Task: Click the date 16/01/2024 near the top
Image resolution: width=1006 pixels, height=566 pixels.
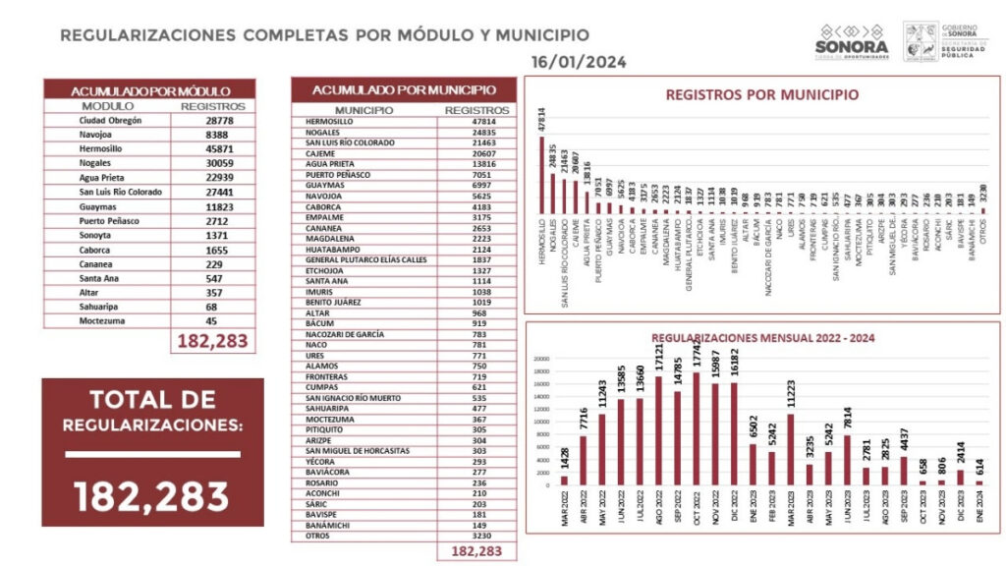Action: click(x=579, y=63)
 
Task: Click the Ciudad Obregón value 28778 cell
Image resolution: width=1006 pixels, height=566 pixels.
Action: click(x=212, y=121)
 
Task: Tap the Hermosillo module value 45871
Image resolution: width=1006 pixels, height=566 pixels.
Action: click(x=212, y=146)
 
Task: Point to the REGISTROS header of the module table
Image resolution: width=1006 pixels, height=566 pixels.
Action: click(x=212, y=106)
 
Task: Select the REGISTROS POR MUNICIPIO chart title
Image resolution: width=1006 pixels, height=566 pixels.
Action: click(x=761, y=95)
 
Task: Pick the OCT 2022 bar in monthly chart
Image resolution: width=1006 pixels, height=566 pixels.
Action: click(x=697, y=428)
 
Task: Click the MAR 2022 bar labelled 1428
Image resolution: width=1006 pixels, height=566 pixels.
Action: click(x=565, y=481)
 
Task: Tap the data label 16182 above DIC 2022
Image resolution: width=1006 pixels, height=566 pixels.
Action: click(x=733, y=361)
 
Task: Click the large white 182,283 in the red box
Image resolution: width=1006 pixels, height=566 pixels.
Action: click(x=152, y=492)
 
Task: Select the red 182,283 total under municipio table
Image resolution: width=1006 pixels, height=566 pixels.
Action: click(x=475, y=552)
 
